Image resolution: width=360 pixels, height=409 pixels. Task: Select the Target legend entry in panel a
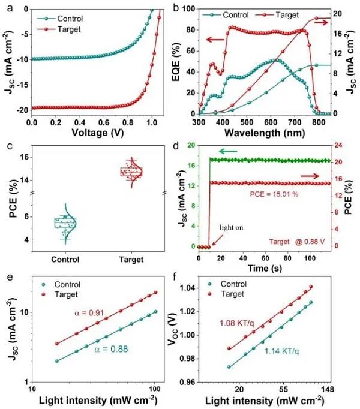(62, 28)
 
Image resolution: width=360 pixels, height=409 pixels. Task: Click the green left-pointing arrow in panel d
(227, 152)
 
